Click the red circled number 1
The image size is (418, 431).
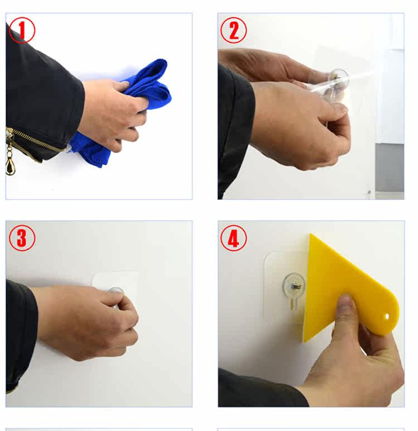click(22, 30)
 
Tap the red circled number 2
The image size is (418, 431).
click(234, 30)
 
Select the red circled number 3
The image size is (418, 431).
click(22, 238)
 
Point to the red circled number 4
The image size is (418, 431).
click(234, 238)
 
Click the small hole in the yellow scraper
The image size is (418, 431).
click(387, 317)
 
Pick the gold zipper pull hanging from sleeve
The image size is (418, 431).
click(10, 165)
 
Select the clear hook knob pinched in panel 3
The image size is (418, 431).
click(116, 291)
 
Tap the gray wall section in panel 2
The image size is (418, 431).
click(390, 167)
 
